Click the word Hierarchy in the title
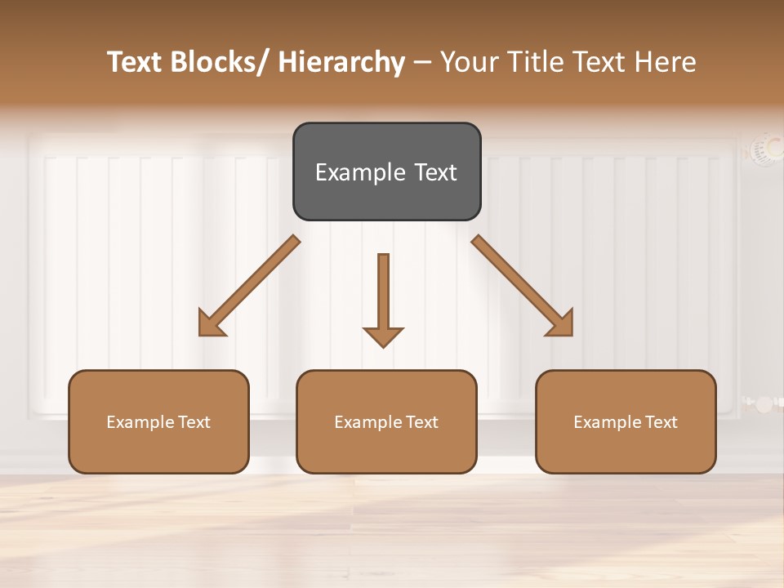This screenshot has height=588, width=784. (x=341, y=62)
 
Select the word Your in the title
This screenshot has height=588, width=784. (x=468, y=62)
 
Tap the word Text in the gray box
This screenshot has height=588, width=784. (x=434, y=172)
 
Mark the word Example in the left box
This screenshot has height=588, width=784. (x=140, y=422)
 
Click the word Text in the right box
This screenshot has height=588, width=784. (x=660, y=422)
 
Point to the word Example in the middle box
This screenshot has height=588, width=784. (x=368, y=422)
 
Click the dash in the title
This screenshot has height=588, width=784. (x=422, y=62)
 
